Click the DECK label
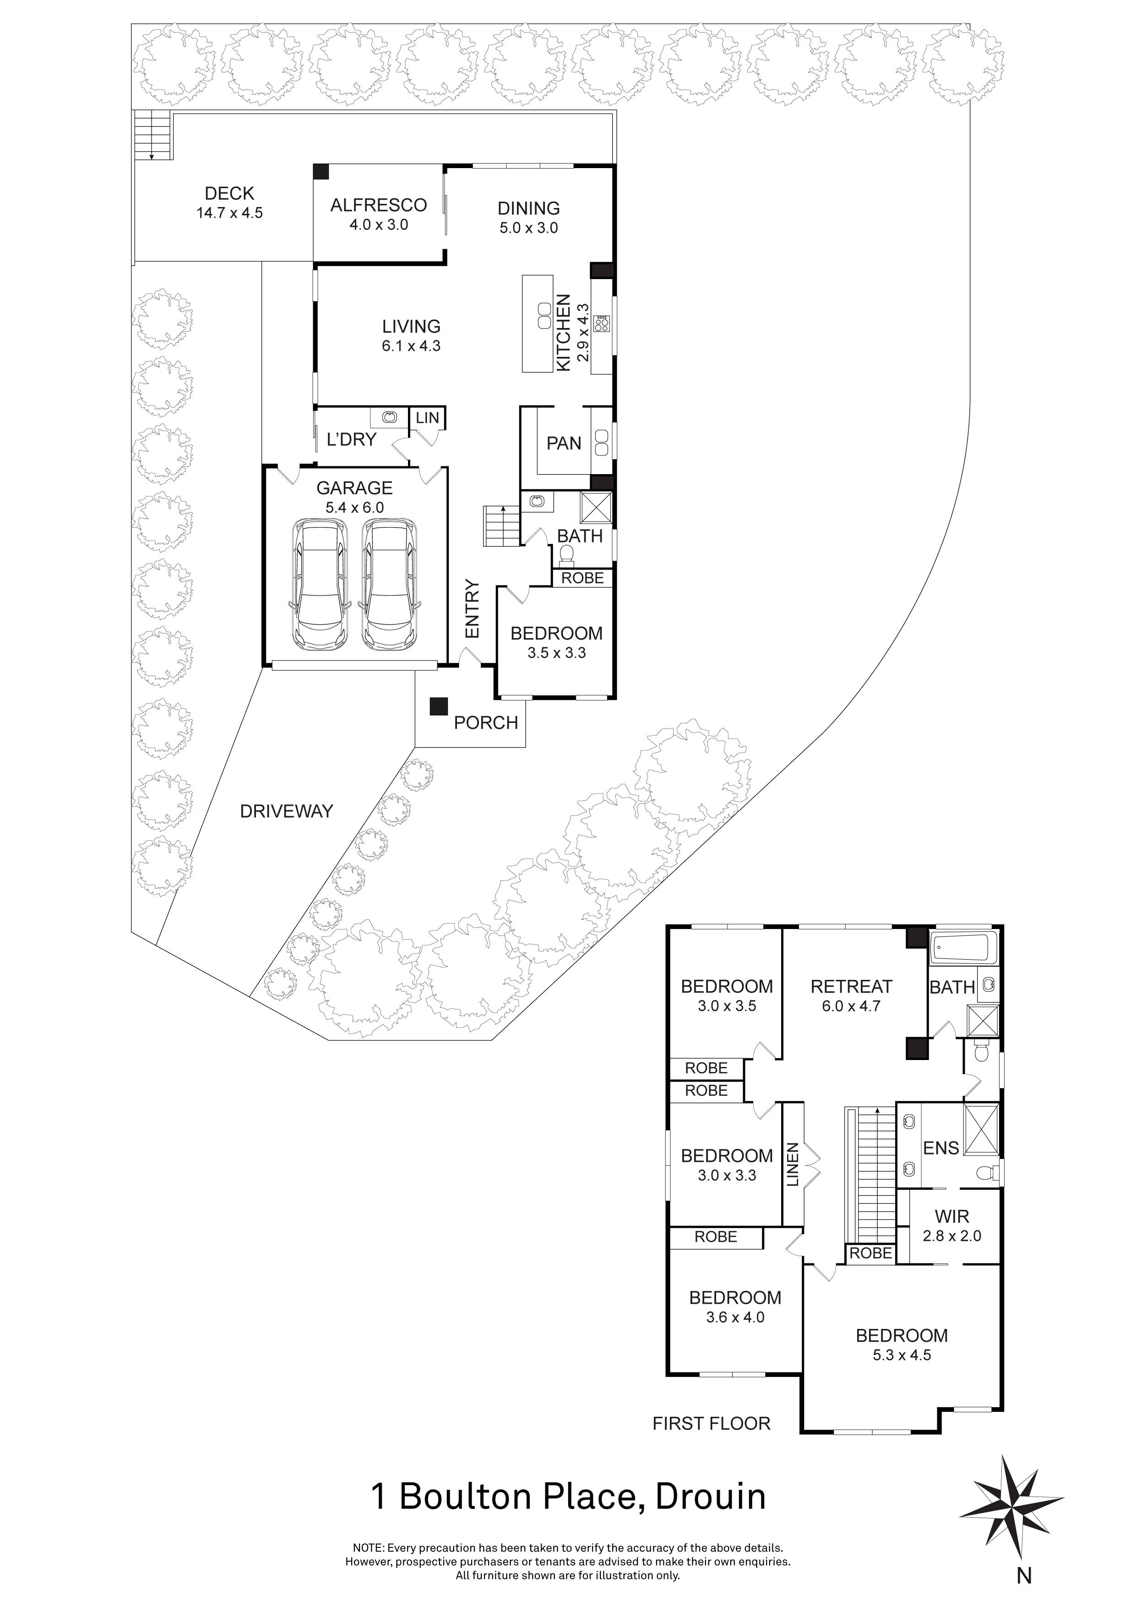click(229, 194)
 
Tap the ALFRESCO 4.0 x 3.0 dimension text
click(378, 224)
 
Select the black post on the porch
click(439, 706)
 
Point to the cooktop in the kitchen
click(601, 324)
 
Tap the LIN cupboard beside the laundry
click(427, 418)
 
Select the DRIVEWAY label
click(286, 811)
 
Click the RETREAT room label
click(851, 986)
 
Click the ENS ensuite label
click(941, 1148)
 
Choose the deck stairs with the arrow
click(152, 136)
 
